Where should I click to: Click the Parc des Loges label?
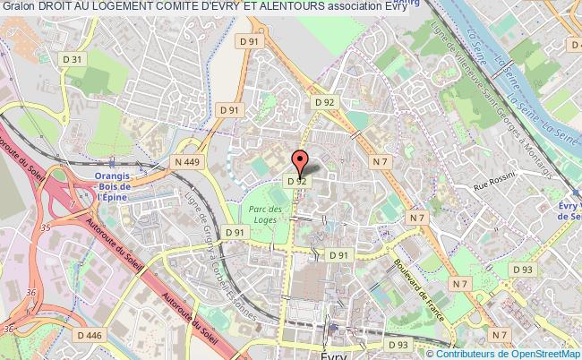[x=267, y=214]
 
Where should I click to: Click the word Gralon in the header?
[x=20, y=8]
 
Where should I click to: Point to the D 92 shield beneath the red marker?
[x=297, y=181]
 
